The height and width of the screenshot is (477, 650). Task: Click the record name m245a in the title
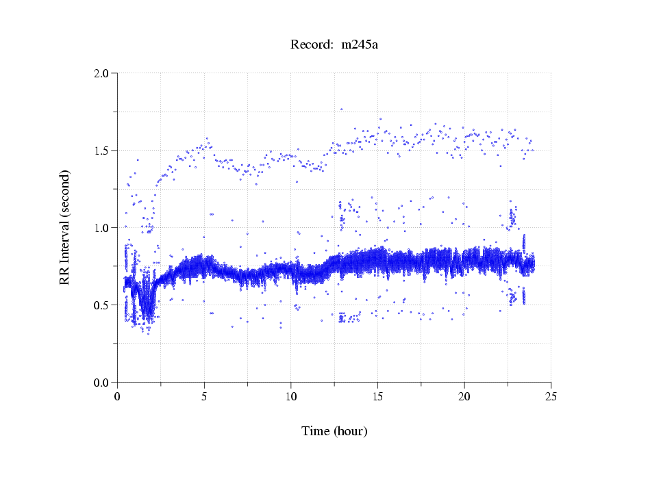(x=360, y=45)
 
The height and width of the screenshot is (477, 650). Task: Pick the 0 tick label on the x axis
(x=118, y=396)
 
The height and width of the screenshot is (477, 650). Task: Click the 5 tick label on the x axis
(x=204, y=396)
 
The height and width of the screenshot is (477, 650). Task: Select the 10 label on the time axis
(x=291, y=396)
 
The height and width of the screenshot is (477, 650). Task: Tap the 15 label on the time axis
(x=378, y=396)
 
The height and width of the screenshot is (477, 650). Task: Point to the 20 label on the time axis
(x=464, y=396)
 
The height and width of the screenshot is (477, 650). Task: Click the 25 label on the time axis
(x=551, y=396)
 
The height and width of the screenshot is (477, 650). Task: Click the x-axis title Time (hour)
(x=334, y=431)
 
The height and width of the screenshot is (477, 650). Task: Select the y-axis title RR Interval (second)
(x=65, y=227)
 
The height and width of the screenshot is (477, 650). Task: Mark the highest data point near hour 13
(x=341, y=109)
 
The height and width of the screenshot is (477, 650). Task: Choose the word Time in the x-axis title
(x=316, y=431)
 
